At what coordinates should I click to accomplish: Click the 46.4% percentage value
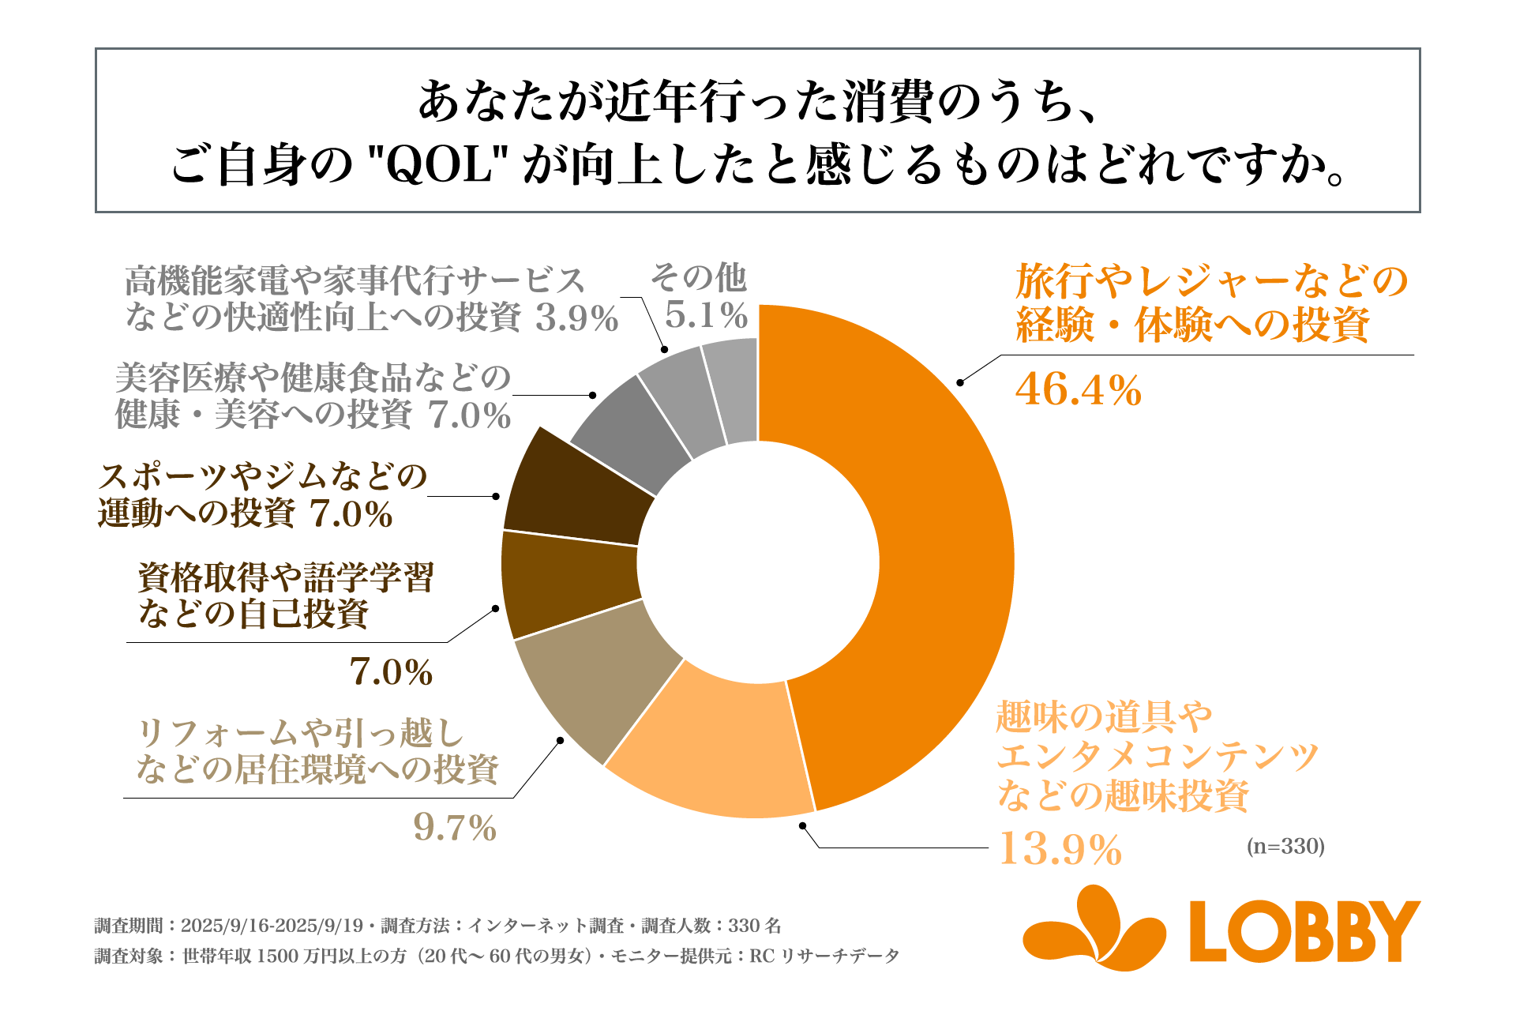coord(1078,390)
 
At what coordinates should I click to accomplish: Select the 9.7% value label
coord(455,829)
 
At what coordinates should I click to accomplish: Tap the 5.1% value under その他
coord(706,316)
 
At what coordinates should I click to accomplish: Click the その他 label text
coord(698,277)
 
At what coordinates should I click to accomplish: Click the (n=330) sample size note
coord(1285,847)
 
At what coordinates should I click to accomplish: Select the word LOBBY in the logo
coord(1304,932)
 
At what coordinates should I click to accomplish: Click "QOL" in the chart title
coord(438,166)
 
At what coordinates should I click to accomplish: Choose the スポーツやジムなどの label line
coord(262,477)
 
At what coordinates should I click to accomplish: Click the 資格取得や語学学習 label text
coord(286,577)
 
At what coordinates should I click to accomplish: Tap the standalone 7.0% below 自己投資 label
coord(391,673)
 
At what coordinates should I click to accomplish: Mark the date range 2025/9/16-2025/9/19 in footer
coord(272,926)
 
